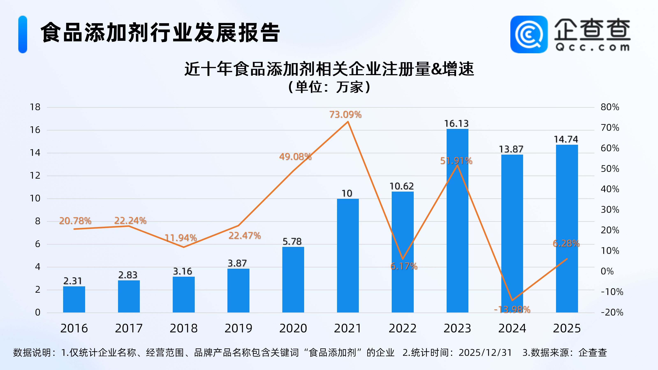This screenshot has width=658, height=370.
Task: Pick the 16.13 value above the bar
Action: [x=456, y=124]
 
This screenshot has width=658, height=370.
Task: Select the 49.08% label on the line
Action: [x=295, y=156]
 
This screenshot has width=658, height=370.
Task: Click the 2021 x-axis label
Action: [x=348, y=328]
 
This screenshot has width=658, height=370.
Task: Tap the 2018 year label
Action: [x=183, y=328]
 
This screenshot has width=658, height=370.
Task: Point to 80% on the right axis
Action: [x=610, y=107]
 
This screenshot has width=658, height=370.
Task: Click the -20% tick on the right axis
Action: [x=612, y=312]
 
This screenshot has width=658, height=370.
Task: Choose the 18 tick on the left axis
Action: [x=35, y=107]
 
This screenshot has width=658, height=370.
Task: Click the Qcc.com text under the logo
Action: [x=592, y=47]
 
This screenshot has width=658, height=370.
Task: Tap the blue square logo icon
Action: [x=529, y=35]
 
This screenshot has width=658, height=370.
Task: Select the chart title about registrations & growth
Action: [x=329, y=69]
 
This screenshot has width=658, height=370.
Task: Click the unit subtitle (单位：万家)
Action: [x=329, y=87]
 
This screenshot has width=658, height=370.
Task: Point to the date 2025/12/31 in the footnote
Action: [x=485, y=353]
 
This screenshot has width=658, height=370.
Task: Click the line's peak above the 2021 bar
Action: [x=348, y=122]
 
